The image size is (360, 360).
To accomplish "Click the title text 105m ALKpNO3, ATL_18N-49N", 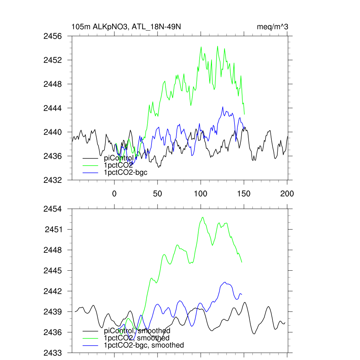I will [126, 27].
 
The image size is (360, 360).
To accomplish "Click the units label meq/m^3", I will [273, 27].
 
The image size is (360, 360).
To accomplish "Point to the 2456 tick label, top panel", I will [53, 36].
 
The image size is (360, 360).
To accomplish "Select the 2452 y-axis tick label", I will [53, 60].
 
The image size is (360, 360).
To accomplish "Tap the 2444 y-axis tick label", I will [53, 108].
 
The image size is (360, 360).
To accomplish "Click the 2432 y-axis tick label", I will [53, 180].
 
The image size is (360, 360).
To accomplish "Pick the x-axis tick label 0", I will [114, 193].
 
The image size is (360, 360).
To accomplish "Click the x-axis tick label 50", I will [157, 193].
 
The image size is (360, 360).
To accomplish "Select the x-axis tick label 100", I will [201, 193].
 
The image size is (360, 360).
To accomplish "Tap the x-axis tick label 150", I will [244, 193].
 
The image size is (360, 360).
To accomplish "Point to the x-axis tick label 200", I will [287, 193].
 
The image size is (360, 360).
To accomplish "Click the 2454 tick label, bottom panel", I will [53, 209].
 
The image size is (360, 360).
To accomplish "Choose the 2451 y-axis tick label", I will [53, 230].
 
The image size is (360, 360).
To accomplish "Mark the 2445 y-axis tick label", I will [53, 271].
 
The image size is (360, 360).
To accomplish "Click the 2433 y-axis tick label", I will [53, 353].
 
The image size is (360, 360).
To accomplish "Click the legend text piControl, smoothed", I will [137, 331].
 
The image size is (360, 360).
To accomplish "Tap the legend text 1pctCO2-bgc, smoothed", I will [144, 345].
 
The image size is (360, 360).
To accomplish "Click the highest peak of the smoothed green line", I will [202, 217].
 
